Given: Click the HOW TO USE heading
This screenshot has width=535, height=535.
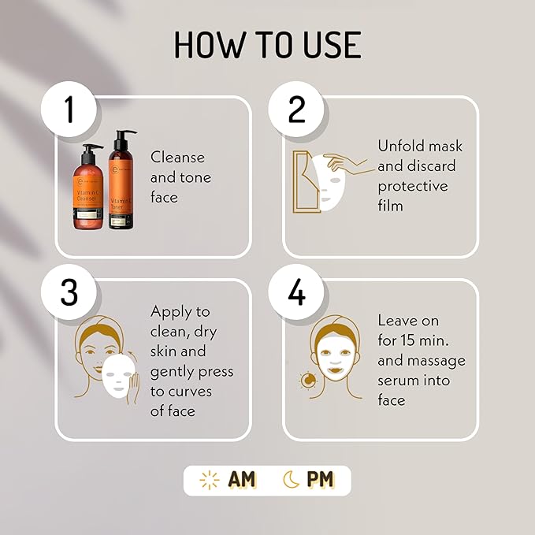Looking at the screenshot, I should (x=267, y=46).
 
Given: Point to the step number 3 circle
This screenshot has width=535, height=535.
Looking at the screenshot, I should (x=69, y=292).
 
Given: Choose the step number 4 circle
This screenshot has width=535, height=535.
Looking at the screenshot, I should (x=296, y=292).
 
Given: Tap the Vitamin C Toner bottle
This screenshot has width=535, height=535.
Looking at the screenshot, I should (x=121, y=185).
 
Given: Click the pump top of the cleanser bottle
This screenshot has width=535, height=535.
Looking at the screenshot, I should (x=90, y=150).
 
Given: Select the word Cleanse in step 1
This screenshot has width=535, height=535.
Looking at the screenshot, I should (x=177, y=158).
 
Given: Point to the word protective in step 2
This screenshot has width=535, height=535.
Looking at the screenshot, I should (x=412, y=187).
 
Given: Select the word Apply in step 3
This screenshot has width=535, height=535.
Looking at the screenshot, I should (x=171, y=311).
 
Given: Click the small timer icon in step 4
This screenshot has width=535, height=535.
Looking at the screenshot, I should (x=307, y=381).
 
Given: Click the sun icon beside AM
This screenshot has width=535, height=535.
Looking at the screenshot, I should (x=209, y=480).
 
